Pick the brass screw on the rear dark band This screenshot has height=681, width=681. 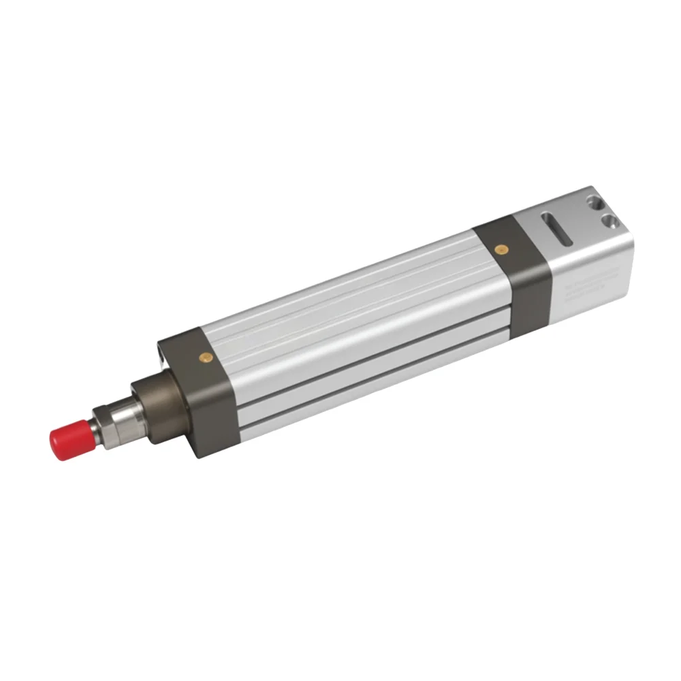[x=501, y=249]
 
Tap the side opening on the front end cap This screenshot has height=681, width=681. [x=161, y=354]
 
